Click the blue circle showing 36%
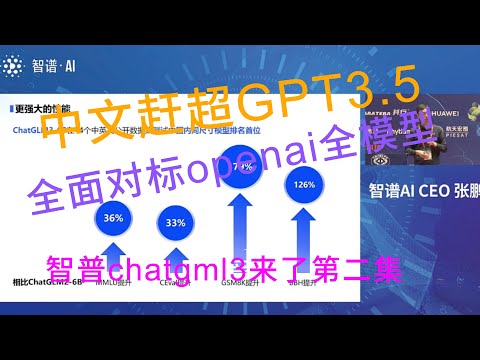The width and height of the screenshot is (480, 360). click(113, 217)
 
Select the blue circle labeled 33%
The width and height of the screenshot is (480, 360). click(176, 222)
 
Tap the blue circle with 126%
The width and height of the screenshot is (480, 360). click(305, 184)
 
